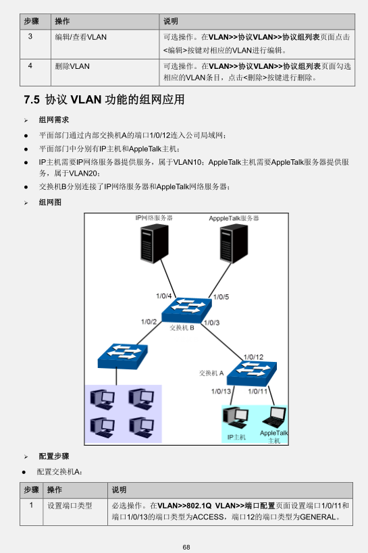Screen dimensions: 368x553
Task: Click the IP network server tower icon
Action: click(154, 244)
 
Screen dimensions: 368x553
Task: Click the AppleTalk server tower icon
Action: click(234, 244)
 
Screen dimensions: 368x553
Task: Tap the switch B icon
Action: click(186, 310)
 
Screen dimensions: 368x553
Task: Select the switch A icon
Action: click(252, 373)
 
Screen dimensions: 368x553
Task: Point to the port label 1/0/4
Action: click(163, 296)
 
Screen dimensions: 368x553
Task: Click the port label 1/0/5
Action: click(221, 297)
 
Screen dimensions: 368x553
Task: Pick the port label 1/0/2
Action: click(149, 321)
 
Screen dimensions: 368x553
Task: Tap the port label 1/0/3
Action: click(212, 323)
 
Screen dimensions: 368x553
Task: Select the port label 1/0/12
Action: click(253, 357)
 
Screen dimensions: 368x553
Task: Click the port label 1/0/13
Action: click(221, 391)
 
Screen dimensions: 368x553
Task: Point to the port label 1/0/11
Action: click(257, 391)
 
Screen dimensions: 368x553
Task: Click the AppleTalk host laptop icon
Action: click(274, 417)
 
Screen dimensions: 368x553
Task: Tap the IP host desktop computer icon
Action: click(236, 418)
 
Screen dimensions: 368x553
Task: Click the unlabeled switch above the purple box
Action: click(122, 357)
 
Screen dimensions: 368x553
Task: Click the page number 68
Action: click(186, 547)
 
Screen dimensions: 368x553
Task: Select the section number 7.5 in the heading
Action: click(32, 100)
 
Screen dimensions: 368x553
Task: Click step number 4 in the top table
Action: click(30, 65)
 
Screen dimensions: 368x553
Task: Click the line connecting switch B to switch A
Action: click(223, 341)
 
